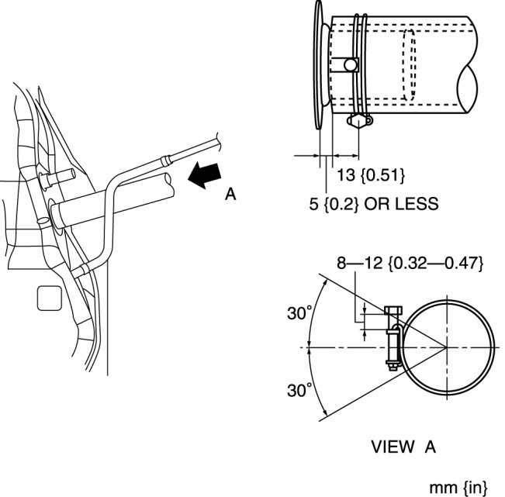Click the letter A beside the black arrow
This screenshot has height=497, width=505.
(x=230, y=195)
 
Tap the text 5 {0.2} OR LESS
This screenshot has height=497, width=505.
(x=373, y=204)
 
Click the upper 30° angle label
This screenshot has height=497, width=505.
(x=299, y=314)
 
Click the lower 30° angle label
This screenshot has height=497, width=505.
(x=299, y=390)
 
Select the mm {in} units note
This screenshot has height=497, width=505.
(x=463, y=487)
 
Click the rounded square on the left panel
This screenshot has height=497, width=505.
(x=48, y=297)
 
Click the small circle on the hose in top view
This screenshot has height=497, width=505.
(x=351, y=65)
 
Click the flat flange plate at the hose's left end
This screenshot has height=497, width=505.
(x=320, y=66)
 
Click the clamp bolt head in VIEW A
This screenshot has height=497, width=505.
(x=391, y=312)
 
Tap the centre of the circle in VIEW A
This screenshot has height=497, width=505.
(x=448, y=347)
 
